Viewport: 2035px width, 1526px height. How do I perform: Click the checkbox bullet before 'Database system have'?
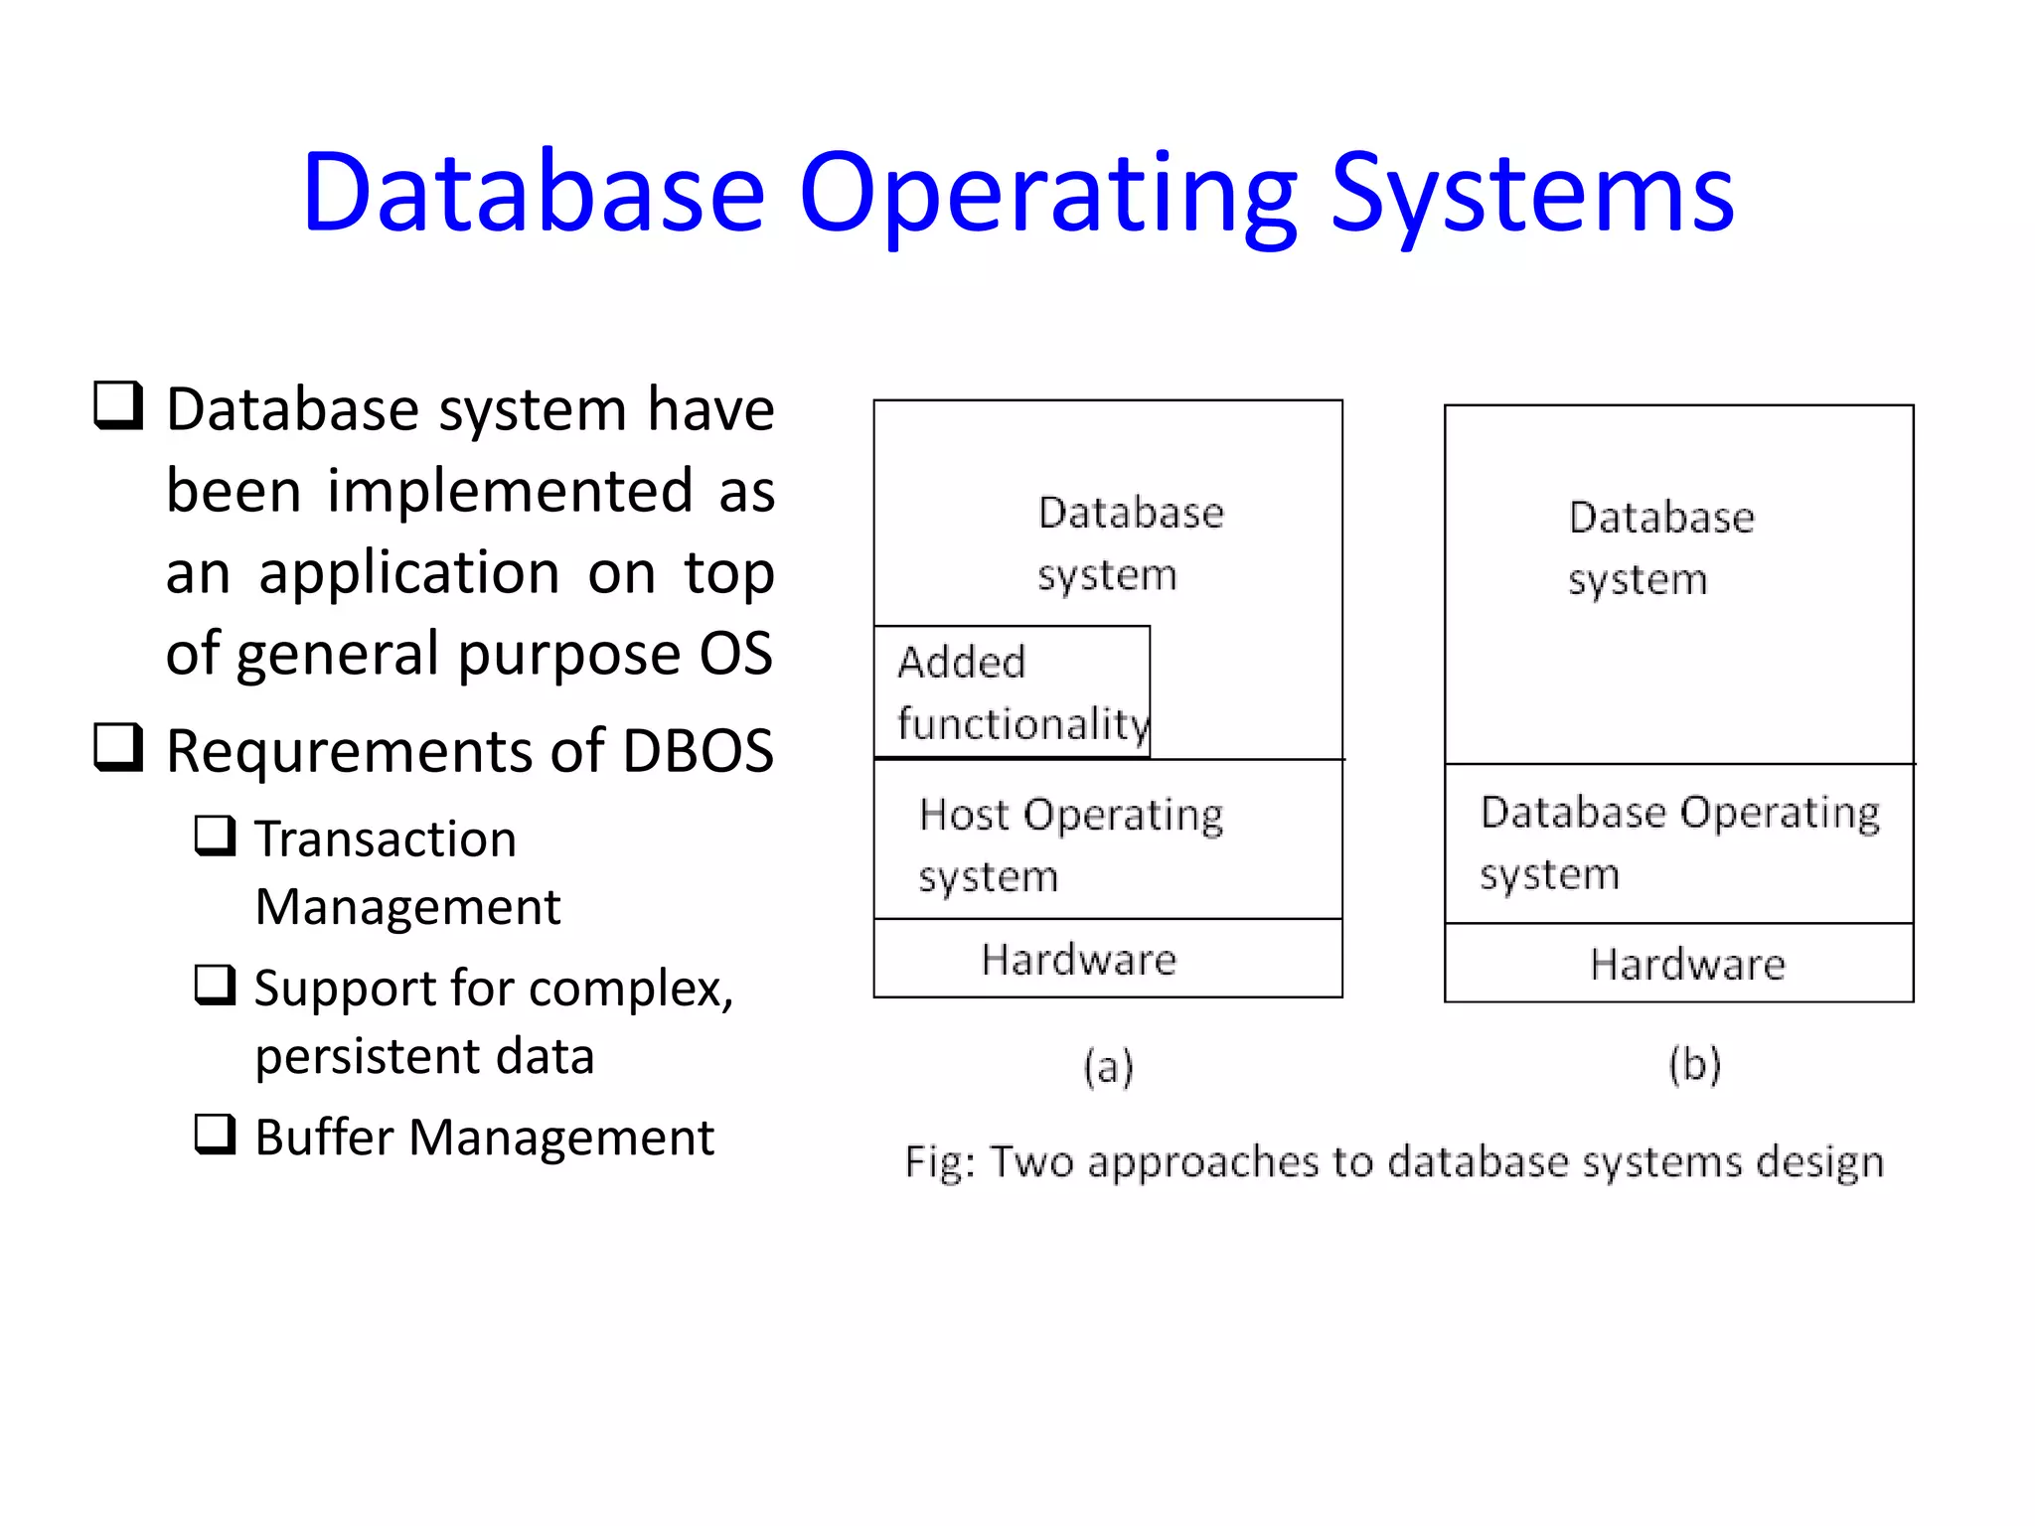click(x=118, y=405)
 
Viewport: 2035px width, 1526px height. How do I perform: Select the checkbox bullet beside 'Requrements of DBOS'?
click(x=118, y=747)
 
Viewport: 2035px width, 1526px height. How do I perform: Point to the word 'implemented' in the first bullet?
click(x=510, y=491)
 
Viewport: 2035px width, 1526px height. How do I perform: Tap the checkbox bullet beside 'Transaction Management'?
click(x=215, y=836)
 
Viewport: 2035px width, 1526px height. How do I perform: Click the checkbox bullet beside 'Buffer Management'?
click(x=215, y=1134)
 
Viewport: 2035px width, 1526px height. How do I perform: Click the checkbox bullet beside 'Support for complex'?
click(x=215, y=985)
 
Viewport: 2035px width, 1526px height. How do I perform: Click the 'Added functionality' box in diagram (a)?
click(x=1012, y=692)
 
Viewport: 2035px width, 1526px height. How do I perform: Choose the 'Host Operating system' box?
click(x=1108, y=840)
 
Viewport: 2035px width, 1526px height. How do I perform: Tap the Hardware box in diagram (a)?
click(x=1108, y=959)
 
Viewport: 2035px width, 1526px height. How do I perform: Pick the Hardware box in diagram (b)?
click(x=1679, y=964)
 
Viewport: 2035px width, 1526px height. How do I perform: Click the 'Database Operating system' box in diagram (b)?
click(x=1679, y=843)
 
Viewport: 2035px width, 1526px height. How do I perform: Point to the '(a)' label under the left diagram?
click(x=1108, y=1067)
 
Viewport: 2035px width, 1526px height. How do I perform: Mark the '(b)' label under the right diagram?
click(x=1694, y=1065)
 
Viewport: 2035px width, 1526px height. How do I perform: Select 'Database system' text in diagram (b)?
click(x=1661, y=547)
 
